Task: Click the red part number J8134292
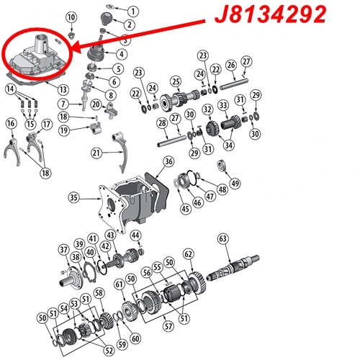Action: (270, 14)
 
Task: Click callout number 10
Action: (71, 17)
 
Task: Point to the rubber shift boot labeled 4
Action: (96, 53)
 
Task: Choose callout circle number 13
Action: (63, 89)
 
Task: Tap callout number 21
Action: (96, 153)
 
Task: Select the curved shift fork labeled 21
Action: (120, 152)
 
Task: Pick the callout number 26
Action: (231, 65)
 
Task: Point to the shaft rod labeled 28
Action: (171, 141)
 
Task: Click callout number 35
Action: (73, 198)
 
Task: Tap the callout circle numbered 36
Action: (168, 161)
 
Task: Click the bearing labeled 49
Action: (222, 166)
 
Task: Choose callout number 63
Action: (223, 238)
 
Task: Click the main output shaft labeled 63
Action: (233, 268)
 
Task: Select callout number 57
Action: (168, 326)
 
